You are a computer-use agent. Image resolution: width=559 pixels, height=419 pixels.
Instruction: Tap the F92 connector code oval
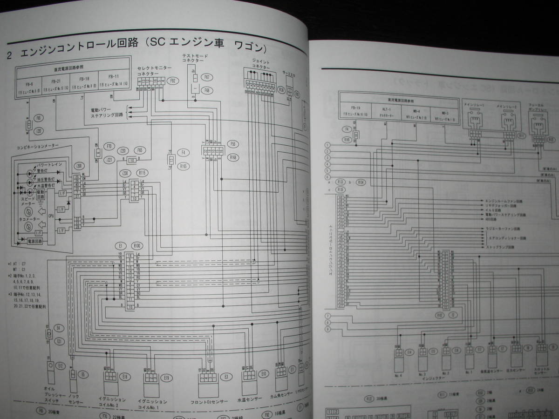tap(173, 81)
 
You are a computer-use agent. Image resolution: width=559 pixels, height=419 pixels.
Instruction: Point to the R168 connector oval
tap(232, 156)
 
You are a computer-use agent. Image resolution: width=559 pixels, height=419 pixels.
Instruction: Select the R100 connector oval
tap(137, 245)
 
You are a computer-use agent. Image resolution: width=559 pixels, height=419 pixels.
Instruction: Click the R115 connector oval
tap(143, 172)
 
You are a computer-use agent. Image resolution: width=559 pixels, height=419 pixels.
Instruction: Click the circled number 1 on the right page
tap(328, 145)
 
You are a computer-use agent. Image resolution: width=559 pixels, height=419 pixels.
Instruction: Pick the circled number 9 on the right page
tap(328, 329)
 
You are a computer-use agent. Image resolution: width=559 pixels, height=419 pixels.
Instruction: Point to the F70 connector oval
tap(110, 146)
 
